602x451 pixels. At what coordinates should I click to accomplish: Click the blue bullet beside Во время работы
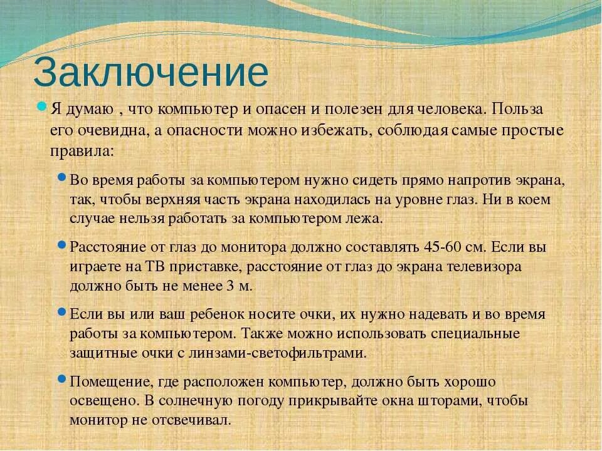[x=61, y=178]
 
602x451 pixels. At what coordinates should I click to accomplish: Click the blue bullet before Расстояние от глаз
[x=61, y=244]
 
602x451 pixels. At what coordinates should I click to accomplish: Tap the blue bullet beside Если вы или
[x=61, y=311]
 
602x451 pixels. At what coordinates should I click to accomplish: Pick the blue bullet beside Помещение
[x=61, y=379]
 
